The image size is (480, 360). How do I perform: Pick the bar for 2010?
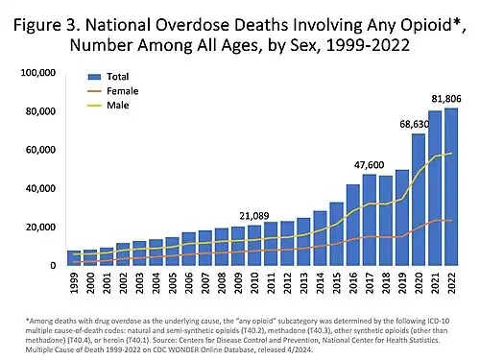click(x=254, y=246)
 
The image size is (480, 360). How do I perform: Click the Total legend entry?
click(x=110, y=75)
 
